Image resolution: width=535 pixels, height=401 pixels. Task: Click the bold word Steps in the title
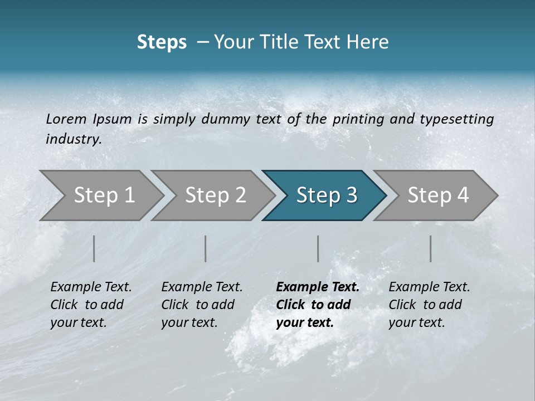pos(162,42)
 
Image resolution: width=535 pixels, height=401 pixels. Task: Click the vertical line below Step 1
pos(94,248)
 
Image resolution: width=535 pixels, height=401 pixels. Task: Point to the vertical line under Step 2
pos(206,248)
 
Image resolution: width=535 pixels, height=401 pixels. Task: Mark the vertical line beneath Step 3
pos(318,248)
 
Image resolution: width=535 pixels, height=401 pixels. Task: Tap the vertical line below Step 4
pos(431,248)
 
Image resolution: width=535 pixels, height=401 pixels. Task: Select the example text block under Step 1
pos(91,305)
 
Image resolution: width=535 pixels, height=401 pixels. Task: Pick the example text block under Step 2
pos(202,305)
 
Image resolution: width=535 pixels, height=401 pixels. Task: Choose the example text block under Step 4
pos(429,305)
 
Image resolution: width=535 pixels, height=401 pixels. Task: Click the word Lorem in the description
pos(66,119)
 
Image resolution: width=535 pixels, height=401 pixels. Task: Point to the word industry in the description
pos(73,139)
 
